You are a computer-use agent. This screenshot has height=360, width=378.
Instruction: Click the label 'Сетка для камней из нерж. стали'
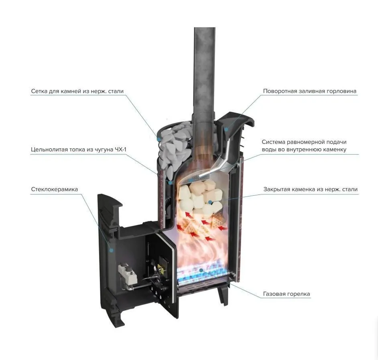[x=77, y=91]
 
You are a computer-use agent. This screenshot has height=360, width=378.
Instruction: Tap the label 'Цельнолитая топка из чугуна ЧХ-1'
[x=79, y=149]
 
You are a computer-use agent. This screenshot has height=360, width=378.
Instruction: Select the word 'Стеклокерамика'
[x=55, y=189]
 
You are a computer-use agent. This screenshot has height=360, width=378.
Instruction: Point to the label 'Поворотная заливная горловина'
[x=309, y=91]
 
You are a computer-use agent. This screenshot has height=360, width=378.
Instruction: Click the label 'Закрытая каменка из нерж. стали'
[x=310, y=189]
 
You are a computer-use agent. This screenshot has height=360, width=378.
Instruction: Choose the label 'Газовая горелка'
[x=287, y=294]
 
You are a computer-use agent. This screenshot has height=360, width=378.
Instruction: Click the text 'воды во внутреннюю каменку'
[x=304, y=149]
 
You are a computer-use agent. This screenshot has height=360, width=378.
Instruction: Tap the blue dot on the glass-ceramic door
[x=111, y=250]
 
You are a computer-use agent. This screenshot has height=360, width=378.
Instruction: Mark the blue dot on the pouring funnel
[x=226, y=129]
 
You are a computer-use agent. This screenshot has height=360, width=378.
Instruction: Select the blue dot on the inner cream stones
[x=210, y=202]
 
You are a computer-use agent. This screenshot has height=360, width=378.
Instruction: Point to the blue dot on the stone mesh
[x=159, y=139]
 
